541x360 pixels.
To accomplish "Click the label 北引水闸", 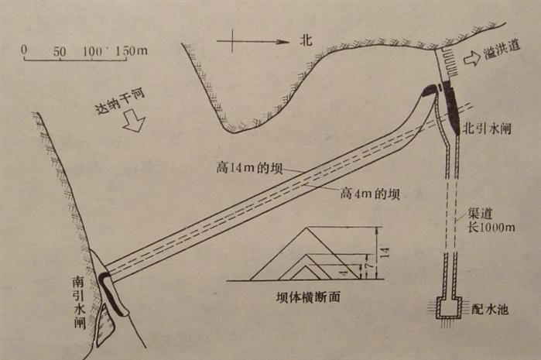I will [x=488, y=128].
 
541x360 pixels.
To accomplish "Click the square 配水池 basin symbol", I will [x=447, y=309].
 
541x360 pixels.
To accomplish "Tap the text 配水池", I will [x=489, y=308].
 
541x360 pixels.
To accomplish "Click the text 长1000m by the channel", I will [x=491, y=228].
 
